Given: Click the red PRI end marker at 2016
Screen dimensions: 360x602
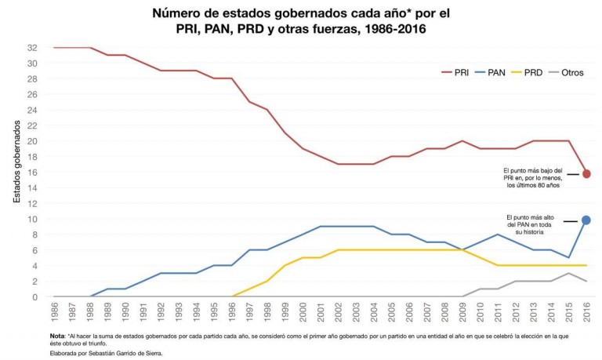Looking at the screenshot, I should pos(586,173).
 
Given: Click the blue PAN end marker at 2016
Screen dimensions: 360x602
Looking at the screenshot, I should pos(586,220).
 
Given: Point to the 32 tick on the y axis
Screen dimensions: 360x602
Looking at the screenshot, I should pos(32,48).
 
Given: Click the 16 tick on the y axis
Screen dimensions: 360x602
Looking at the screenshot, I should pos(32,173).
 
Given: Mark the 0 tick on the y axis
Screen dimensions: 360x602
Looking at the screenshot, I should pos(34,297).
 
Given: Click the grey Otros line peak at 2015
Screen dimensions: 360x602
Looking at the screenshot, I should pos(569,273).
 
